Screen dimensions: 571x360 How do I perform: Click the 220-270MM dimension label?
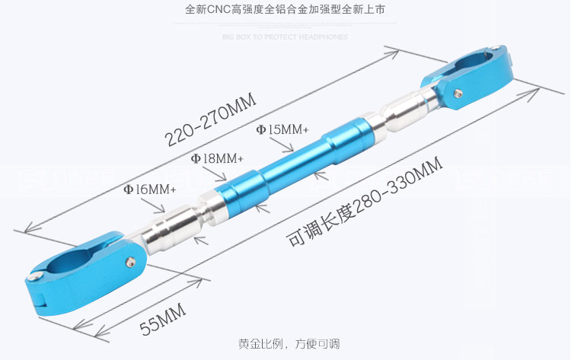point(210,117)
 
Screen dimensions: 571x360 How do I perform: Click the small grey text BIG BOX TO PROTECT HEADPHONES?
point(285,37)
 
